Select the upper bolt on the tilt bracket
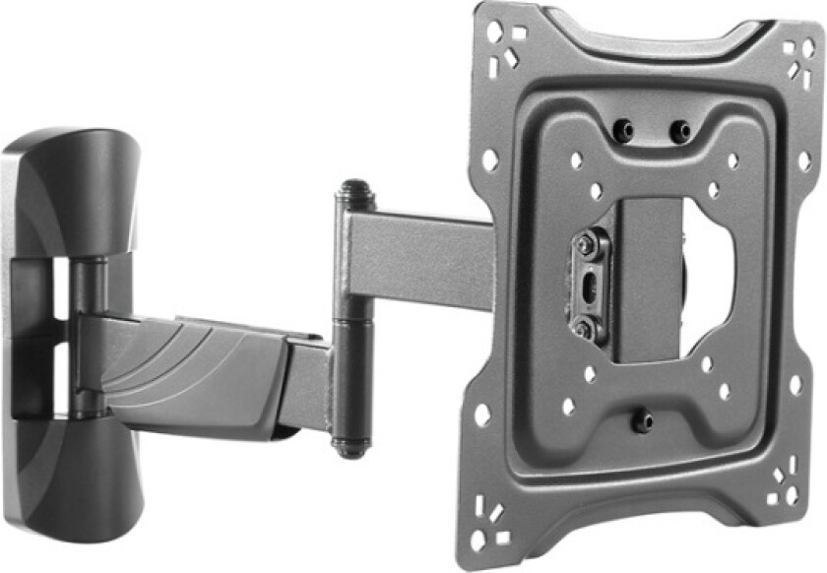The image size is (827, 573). click(x=588, y=241)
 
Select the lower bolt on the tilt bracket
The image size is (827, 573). click(x=585, y=329)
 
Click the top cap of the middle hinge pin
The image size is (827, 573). click(x=352, y=188)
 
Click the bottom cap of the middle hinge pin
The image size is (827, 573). click(x=349, y=445)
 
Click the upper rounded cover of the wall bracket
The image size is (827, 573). click(x=69, y=187)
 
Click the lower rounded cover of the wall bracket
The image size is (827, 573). click(x=69, y=482)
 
